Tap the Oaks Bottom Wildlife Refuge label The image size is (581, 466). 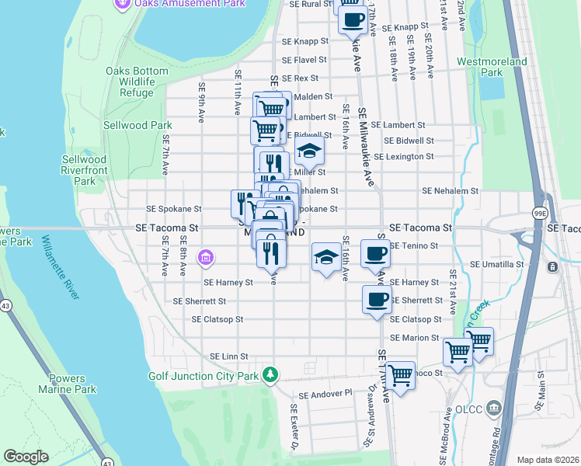[137, 82]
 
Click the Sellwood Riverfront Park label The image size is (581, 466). [83, 170]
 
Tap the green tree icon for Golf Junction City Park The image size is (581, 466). [270, 375]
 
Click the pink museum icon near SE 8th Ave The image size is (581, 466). [206, 256]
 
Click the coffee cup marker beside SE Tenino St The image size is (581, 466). [375, 253]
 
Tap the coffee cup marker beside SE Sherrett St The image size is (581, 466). [377, 300]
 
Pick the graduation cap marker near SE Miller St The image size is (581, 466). [309, 151]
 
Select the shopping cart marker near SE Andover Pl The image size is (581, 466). [400, 376]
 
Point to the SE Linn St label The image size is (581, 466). [228, 356]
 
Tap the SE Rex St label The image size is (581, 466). [301, 78]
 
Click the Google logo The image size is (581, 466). [26, 457]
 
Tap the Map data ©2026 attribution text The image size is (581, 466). [548, 460]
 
